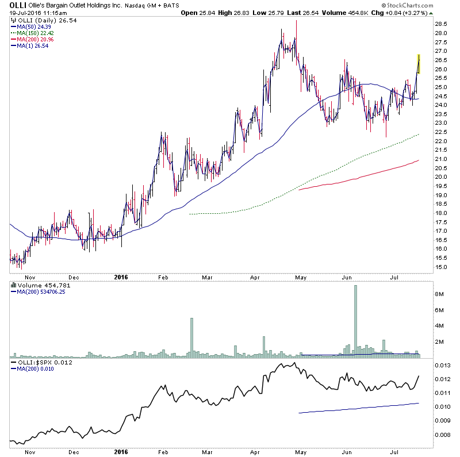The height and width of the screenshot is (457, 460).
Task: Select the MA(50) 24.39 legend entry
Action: tap(29, 27)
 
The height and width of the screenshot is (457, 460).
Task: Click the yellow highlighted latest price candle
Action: tap(419, 63)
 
